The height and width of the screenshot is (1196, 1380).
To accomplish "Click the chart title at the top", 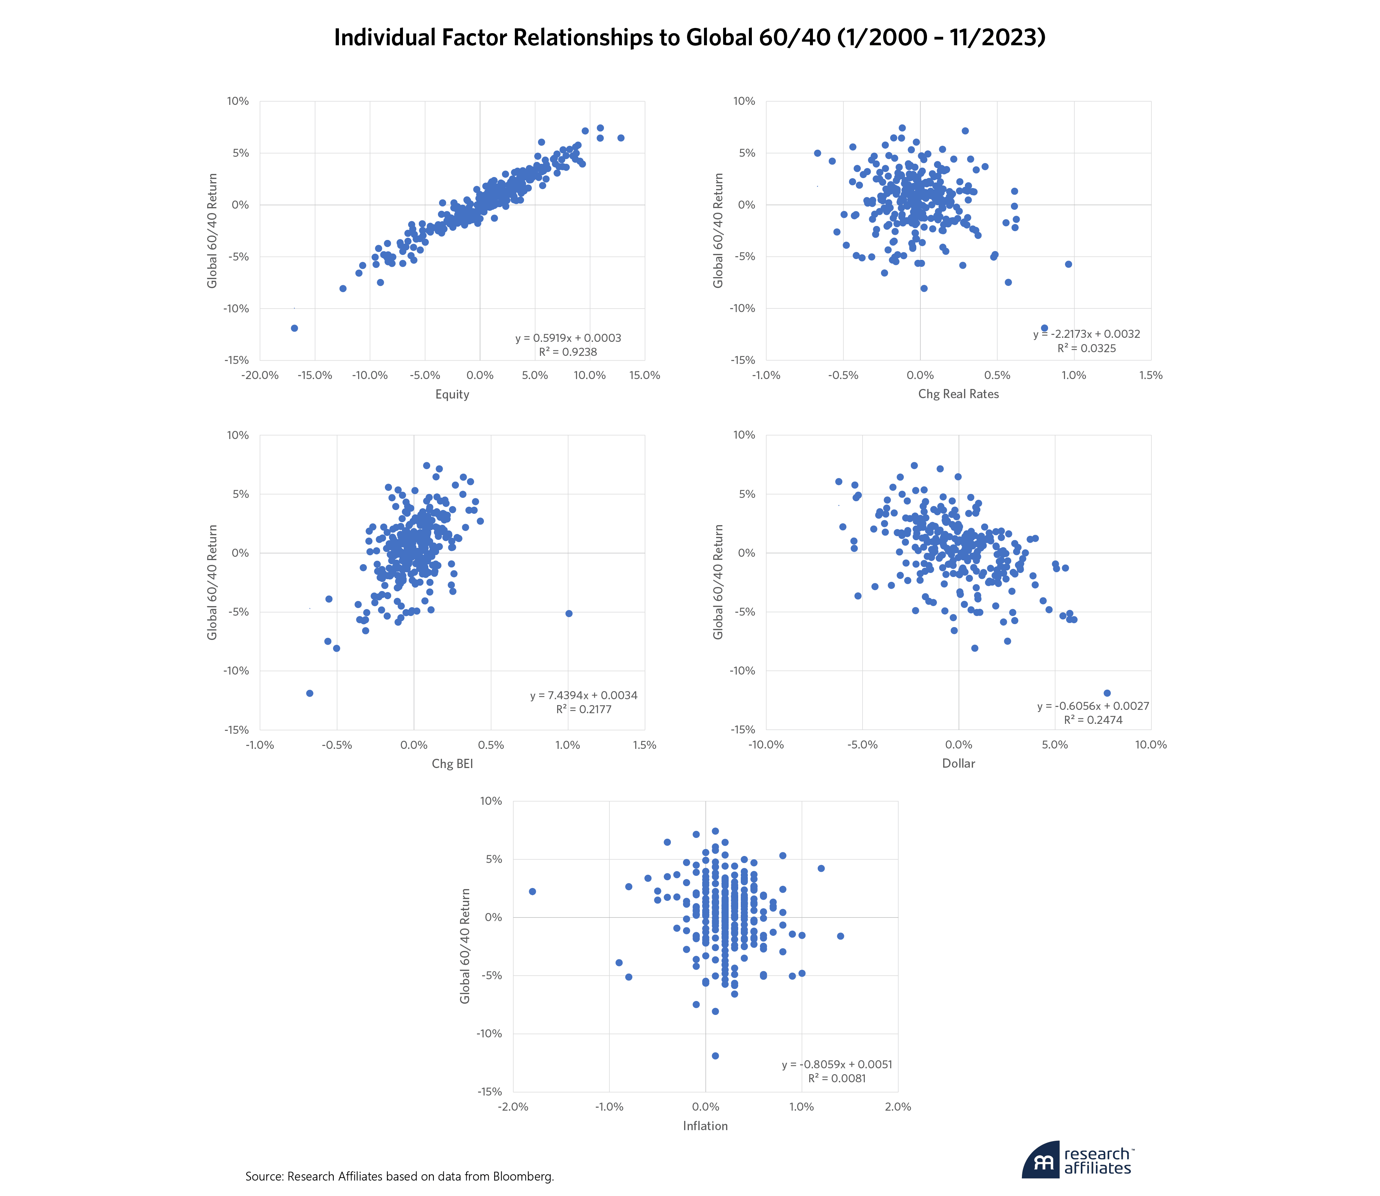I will [689, 38].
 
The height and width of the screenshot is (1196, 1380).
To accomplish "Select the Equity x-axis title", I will [452, 394].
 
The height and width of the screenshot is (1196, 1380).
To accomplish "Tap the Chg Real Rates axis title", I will [958, 394].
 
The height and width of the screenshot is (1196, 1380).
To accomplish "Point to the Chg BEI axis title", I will [452, 764].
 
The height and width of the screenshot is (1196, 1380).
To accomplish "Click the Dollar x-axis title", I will [958, 764].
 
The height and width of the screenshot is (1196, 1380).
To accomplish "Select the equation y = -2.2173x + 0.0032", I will [1086, 334].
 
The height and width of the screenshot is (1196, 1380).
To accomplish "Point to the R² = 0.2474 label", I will [1093, 720].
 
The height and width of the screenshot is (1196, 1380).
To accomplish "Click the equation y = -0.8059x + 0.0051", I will [837, 1065].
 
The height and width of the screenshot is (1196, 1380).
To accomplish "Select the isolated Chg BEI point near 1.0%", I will [569, 613].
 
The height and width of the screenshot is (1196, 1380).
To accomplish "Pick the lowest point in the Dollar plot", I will [1107, 693].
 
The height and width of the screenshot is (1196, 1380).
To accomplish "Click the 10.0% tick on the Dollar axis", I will [1150, 745].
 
